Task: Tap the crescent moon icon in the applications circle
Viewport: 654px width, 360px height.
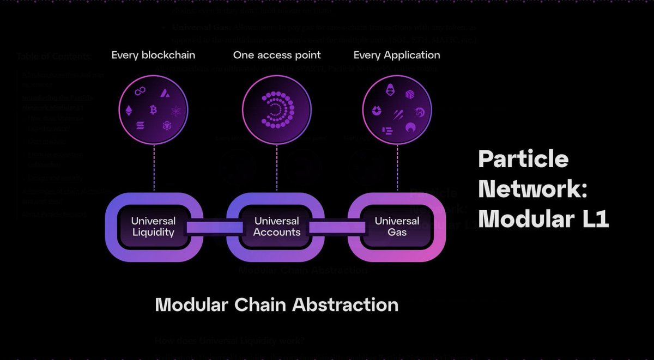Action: (x=410, y=127)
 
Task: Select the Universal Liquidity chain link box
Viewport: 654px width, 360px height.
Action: (x=153, y=227)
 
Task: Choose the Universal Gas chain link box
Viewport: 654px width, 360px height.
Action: (x=397, y=227)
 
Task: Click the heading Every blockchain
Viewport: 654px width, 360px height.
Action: (x=153, y=55)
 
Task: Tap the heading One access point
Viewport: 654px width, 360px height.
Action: (x=277, y=55)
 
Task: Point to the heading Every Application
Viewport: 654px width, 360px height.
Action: (x=397, y=55)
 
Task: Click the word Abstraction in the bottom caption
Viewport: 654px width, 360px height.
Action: (x=345, y=304)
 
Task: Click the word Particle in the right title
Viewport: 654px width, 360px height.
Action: (x=523, y=160)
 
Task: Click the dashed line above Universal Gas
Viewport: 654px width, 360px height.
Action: (x=396, y=169)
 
